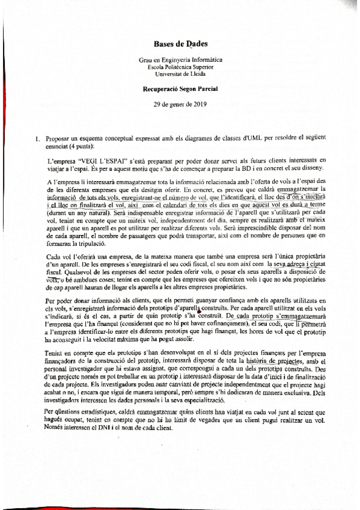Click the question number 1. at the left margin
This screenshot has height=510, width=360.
(x=37, y=140)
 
